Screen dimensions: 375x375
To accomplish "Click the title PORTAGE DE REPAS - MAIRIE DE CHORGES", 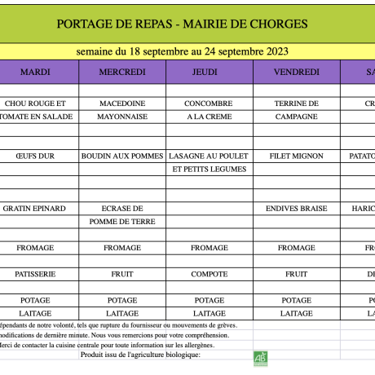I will (183, 24).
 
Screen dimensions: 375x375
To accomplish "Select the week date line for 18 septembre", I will (183, 51).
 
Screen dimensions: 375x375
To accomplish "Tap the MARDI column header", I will (35, 72).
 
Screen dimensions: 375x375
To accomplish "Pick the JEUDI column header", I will (209, 72).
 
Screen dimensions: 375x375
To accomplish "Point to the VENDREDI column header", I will (296, 72).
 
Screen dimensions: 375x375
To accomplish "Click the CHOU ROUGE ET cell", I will (35, 104).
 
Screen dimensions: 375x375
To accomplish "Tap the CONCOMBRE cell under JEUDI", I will (209, 104).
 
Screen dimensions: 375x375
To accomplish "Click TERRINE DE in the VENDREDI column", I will (296, 104).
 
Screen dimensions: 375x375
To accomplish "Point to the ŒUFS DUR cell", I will (35, 156).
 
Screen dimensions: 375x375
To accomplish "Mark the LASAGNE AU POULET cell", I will (209, 156).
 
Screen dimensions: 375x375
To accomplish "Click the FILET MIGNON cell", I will (296, 156).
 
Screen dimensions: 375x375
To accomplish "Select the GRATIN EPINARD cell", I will (35, 208).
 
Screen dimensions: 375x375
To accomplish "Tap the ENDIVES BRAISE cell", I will (296, 208).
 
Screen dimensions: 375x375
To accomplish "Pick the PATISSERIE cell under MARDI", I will (35, 274).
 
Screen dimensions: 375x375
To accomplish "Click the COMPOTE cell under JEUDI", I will (209, 274).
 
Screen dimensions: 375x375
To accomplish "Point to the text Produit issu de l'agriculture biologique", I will (139, 354).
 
